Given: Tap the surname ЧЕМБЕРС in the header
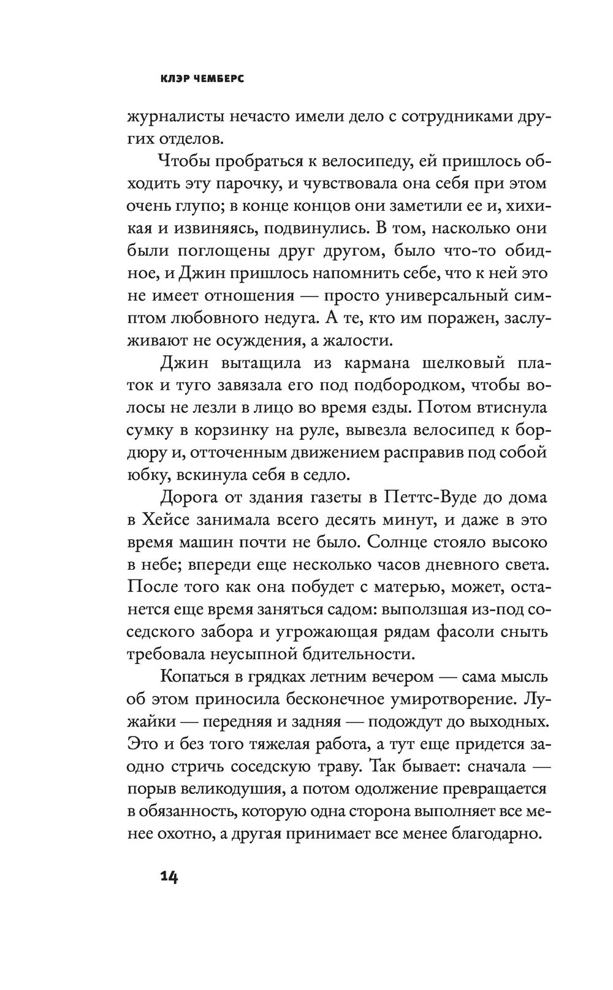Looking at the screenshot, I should coord(216,79).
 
